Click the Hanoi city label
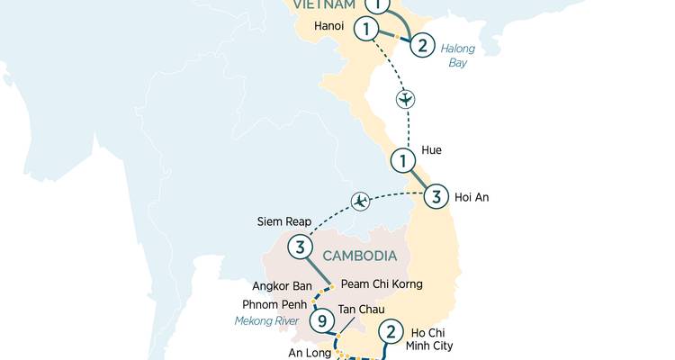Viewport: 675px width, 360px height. click(x=329, y=26)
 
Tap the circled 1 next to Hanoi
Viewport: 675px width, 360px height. click(x=366, y=29)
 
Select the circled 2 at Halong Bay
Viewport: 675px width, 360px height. click(x=423, y=44)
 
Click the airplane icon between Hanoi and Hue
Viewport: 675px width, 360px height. click(x=406, y=98)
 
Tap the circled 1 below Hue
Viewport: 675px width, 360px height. click(x=403, y=161)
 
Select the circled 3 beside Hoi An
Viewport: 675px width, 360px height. click(x=435, y=196)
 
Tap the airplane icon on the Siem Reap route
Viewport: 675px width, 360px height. click(x=362, y=200)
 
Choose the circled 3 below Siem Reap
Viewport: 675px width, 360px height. click(x=300, y=247)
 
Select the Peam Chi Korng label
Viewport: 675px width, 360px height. click(x=382, y=284)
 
